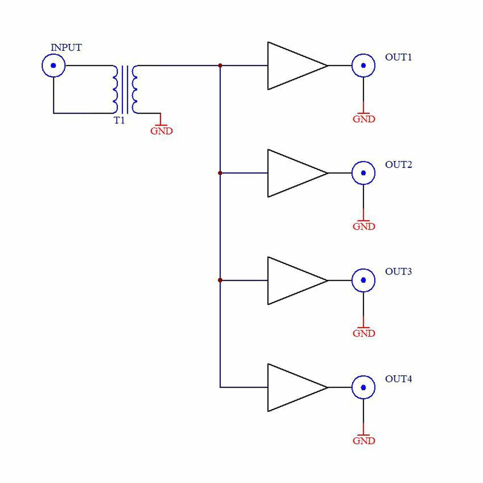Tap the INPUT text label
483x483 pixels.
point(66,47)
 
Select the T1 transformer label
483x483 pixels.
point(119,120)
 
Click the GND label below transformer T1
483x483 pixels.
point(161,131)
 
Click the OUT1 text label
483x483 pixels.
point(398,57)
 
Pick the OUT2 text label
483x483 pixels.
point(398,165)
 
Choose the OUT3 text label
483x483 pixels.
point(398,272)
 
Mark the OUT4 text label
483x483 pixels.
point(398,379)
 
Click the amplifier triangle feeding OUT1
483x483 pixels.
point(268,66)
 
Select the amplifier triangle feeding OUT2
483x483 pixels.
point(268,173)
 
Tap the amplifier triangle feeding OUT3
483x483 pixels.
point(268,280)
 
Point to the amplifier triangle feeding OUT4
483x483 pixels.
point(268,387)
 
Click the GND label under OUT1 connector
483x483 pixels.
point(364,119)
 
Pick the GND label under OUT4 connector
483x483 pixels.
point(364,441)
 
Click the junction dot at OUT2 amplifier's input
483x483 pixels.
point(220,173)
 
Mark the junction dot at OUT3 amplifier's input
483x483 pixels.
point(220,280)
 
